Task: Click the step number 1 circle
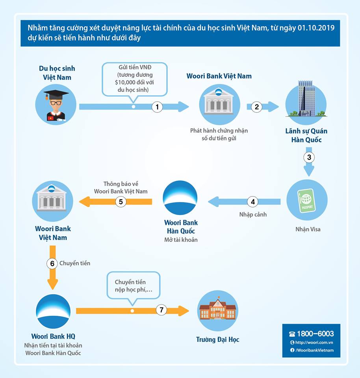(157, 107)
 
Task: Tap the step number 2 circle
(257, 107)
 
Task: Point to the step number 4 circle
(253, 202)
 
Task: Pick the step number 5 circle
(121, 202)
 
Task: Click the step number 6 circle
(52, 263)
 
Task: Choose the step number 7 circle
(161, 310)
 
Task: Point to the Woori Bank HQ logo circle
(53, 311)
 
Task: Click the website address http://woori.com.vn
(314, 343)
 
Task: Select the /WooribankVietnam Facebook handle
(314, 350)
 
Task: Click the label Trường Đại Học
(217, 339)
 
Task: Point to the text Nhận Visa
(308, 229)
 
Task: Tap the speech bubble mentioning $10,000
(134, 79)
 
